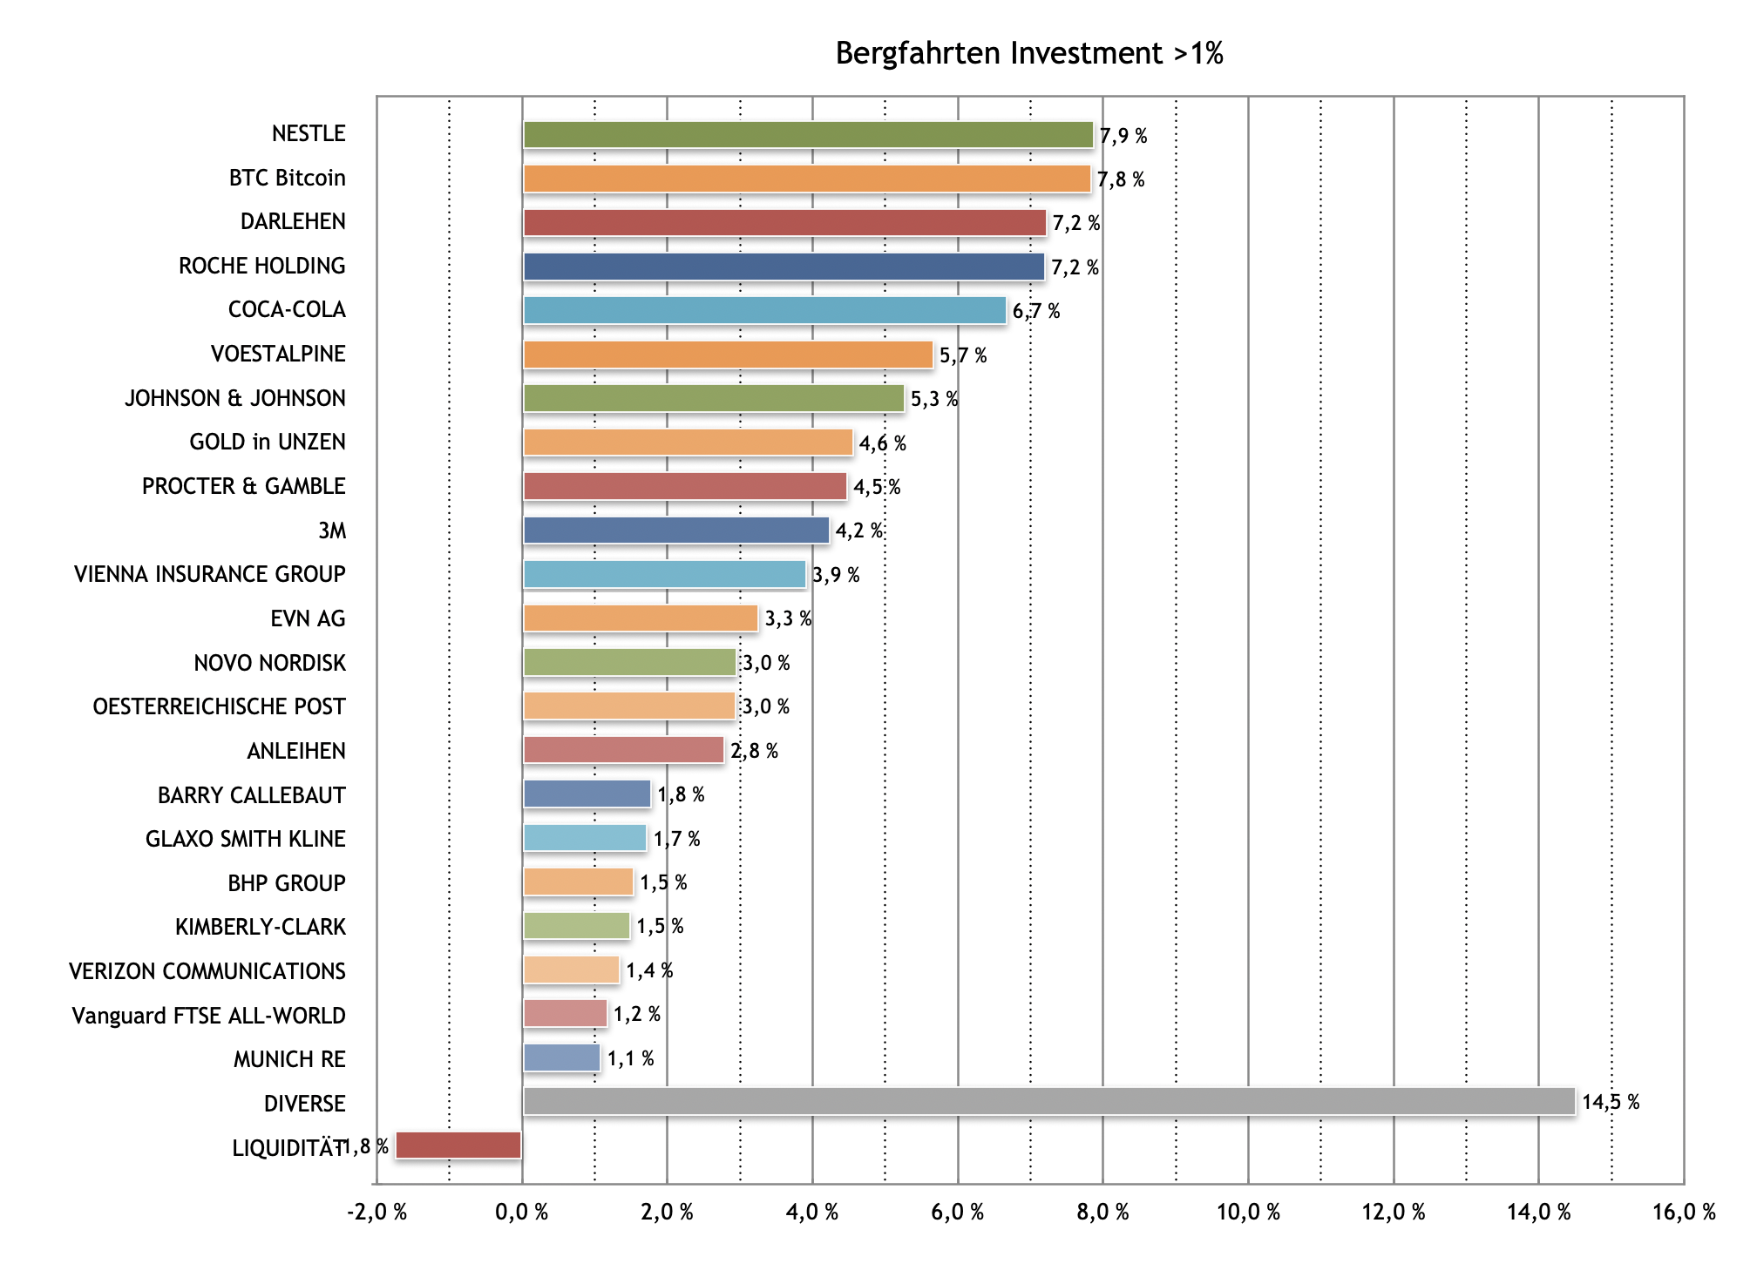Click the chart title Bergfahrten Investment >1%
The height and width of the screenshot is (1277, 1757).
(1029, 54)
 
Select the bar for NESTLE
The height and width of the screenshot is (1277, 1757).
(807, 135)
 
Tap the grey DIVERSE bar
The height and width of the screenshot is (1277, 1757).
(1048, 1101)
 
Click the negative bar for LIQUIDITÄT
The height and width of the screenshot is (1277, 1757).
(458, 1145)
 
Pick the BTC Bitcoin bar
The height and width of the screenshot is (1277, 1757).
(806, 179)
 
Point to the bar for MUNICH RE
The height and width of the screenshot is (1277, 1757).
(562, 1057)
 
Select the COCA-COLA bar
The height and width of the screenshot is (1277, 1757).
(764, 310)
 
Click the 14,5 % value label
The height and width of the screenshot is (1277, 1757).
(1611, 1102)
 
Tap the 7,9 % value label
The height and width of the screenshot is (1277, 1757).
(1123, 136)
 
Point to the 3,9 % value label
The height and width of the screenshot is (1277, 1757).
(836, 575)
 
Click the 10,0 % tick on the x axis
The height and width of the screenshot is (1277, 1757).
(1248, 1212)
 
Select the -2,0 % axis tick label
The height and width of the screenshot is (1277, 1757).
(376, 1212)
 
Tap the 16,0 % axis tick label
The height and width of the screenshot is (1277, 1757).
(1684, 1212)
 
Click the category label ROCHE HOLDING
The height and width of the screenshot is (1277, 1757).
(262, 266)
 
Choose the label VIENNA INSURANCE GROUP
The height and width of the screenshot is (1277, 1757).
(210, 574)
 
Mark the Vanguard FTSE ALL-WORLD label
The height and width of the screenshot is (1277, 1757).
(209, 1016)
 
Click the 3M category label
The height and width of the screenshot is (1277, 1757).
(332, 530)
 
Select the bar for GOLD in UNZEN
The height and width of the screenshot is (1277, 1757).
(688, 443)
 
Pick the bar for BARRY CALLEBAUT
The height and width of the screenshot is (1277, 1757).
(587, 794)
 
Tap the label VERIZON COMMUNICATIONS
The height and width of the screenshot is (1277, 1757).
(207, 971)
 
